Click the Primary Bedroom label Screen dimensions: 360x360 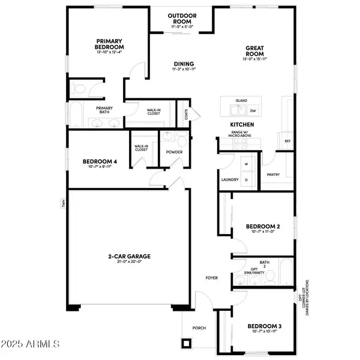(x=110, y=44)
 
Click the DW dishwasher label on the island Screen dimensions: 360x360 (x=253, y=111)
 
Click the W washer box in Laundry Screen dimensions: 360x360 (x=245, y=163)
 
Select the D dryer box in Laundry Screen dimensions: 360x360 (x=245, y=179)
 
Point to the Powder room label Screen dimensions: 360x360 (x=175, y=152)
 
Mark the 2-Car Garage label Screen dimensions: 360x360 (x=129, y=256)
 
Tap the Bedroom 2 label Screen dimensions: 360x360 (x=263, y=227)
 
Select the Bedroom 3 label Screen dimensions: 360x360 (x=263, y=326)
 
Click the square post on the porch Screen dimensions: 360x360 (x=187, y=344)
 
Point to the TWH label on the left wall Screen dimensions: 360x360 (x=62, y=203)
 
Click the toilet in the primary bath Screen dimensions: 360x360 (x=79, y=89)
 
